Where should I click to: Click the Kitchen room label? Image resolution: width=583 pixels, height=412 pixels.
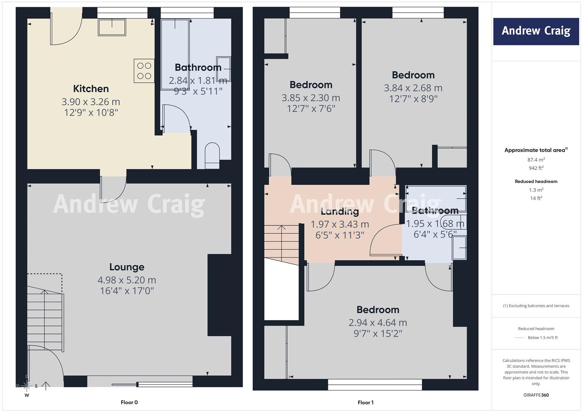91,89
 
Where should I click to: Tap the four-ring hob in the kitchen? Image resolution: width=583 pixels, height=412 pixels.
144,71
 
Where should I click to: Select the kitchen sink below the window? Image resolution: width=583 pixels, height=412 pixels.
112,27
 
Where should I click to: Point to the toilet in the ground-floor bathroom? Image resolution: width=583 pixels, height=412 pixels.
212,156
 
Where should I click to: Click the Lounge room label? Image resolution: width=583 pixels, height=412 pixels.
127,267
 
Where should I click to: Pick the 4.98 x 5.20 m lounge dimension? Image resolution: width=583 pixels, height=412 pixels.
127,280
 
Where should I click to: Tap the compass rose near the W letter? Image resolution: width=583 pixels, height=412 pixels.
27,386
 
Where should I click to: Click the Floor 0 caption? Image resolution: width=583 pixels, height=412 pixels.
129,402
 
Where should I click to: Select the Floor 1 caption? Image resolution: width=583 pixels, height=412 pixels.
365,402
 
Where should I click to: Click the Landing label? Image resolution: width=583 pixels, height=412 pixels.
340,212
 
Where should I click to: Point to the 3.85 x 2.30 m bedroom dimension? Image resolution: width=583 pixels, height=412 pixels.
311,98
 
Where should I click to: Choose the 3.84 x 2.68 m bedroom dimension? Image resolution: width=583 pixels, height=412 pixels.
413,88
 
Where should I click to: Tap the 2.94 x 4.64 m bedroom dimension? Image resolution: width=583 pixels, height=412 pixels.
378,322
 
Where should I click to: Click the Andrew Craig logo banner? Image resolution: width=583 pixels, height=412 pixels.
536,31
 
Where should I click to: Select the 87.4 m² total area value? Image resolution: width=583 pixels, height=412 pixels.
536,159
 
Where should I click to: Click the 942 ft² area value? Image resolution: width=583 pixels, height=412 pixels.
536,168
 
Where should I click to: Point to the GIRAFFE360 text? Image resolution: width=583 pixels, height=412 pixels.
536,395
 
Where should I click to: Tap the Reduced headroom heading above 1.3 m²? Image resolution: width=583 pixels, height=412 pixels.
536,181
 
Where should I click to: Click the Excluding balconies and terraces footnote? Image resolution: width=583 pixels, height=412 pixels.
536,306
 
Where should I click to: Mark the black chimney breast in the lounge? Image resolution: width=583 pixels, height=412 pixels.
220,295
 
